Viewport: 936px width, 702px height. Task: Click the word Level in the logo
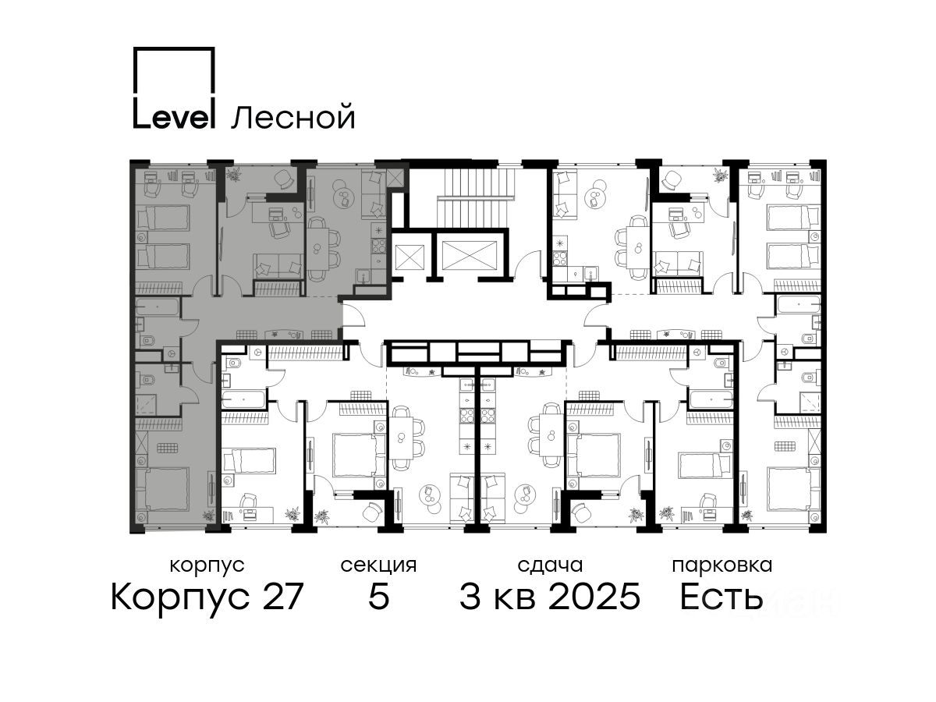tap(173, 114)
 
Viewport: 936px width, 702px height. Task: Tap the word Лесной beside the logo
tap(293, 117)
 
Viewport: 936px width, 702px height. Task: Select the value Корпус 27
tap(207, 597)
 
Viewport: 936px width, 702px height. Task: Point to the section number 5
tap(378, 597)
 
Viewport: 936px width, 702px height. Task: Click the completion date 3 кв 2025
tap(550, 597)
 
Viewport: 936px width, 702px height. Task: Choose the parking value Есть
tap(721, 597)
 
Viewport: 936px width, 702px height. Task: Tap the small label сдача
tap(550, 565)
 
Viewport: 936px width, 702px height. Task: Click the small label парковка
tap(722, 566)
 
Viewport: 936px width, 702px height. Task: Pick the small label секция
tap(378, 566)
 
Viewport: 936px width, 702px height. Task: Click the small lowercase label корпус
tap(207, 566)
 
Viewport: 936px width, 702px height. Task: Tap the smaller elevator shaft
tap(409, 257)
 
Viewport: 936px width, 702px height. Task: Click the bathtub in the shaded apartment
tap(157, 307)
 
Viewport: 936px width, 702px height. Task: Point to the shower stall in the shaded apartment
tap(146, 405)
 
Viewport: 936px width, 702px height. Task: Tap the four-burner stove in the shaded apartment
tap(378, 246)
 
